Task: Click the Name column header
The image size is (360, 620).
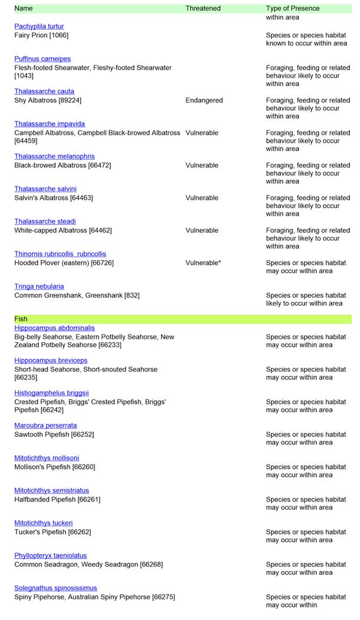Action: click(x=24, y=8)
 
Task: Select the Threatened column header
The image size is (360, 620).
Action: click(x=203, y=8)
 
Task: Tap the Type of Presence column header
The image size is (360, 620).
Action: click(x=293, y=8)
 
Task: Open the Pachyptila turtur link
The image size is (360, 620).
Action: click(x=39, y=27)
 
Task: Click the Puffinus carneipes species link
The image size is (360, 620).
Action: click(x=42, y=59)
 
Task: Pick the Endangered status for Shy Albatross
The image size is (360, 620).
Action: click(x=204, y=100)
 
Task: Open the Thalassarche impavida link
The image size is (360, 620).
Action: click(x=50, y=124)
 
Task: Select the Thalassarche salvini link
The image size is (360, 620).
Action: click(x=45, y=189)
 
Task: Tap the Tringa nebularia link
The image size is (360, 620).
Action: click(x=39, y=287)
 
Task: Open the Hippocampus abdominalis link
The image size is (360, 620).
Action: click(x=54, y=328)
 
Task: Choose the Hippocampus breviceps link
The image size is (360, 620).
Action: click(x=51, y=360)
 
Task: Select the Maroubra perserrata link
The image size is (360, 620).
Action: click(x=45, y=425)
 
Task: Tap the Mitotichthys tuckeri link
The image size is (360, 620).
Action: click(x=44, y=523)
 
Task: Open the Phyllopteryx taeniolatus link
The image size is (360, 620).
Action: click(x=50, y=556)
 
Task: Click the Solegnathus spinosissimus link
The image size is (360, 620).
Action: click(x=55, y=588)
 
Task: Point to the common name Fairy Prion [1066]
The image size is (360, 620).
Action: click(x=41, y=35)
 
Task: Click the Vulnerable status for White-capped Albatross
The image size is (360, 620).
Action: click(x=202, y=231)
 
